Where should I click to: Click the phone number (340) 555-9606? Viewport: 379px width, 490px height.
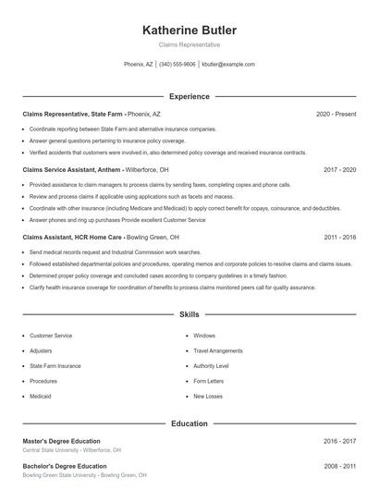(177, 65)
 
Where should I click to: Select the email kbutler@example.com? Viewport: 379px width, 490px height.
(227, 65)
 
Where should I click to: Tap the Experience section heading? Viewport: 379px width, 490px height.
(189, 96)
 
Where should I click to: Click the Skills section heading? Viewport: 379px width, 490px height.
(189, 315)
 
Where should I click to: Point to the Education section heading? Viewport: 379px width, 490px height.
(189, 423)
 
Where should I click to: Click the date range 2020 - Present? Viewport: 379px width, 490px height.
(336, 114)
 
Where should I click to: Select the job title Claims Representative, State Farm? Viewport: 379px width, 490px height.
(72, 114)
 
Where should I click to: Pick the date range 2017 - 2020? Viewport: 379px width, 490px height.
(340, 170)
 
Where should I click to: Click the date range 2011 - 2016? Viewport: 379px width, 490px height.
(340, 237)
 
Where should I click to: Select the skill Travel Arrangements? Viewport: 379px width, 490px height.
(217, 350)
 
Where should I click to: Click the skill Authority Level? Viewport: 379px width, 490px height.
(211, 366)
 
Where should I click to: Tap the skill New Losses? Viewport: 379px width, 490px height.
(208, 396)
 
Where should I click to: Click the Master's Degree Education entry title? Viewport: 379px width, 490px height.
(61, 441)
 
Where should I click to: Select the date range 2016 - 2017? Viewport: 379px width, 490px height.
(340, 441)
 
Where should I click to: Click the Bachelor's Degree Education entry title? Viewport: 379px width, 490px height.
(64, 466)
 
